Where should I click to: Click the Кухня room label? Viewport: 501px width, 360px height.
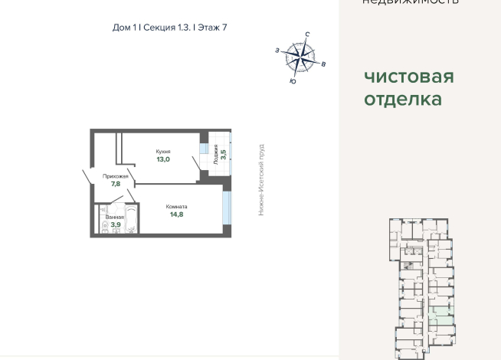[162, 152]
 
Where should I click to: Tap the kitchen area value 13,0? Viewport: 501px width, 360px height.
[162, 160]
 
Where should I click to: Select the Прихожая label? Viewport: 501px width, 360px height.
[115, 176]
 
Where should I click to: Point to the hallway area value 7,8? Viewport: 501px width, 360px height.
[115, 185]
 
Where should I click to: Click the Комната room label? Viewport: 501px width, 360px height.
[177, 207]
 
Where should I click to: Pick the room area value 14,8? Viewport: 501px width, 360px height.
[177, 215]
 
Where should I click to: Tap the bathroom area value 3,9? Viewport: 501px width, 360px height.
[115, 225]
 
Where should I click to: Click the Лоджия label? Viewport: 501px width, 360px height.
[216, 154]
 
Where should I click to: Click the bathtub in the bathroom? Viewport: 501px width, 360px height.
[130, 221]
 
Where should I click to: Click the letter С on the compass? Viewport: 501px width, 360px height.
[307, 34]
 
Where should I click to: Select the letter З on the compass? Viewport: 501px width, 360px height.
[277, 50]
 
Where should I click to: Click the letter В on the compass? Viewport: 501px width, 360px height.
[324, 64]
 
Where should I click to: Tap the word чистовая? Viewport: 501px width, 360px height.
[408, 77]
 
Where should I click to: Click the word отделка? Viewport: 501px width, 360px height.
[402, 100]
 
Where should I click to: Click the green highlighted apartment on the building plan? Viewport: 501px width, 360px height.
[440, 314]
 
